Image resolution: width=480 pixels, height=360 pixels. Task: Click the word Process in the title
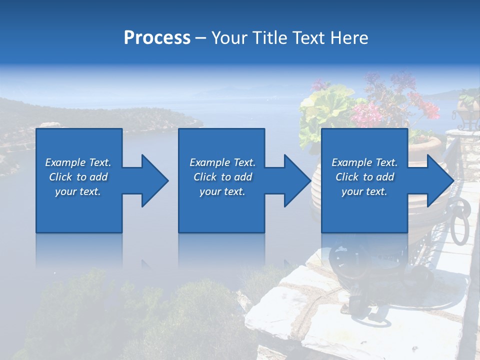[x=157, y=38]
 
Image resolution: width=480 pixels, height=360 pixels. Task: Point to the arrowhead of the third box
[x=439, y=180]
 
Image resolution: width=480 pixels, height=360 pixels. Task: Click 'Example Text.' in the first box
[x=78, y=162]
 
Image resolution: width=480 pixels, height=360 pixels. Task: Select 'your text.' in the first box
[x=78, y=191]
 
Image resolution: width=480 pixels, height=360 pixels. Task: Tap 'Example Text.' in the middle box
[x=222, y=162]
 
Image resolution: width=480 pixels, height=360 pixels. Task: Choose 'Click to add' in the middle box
[x=222, y=177]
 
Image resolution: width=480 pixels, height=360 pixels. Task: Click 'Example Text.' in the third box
[x=364, y=162]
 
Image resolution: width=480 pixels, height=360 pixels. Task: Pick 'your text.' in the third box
[x=364, y=191]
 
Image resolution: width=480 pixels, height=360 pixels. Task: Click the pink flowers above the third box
[x=367, y=112]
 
